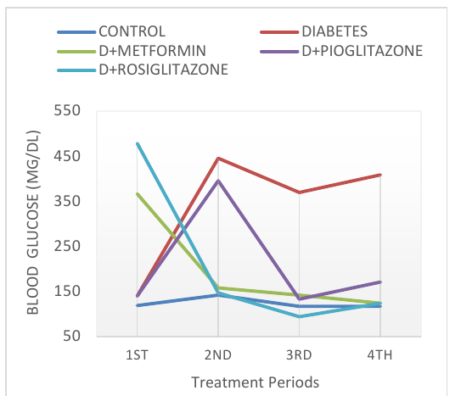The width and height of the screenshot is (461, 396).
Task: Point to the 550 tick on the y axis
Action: [x=67, y=111]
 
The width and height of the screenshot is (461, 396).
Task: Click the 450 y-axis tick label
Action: [x=67, y=156]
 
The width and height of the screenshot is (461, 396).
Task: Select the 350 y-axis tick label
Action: [x=67, y=201]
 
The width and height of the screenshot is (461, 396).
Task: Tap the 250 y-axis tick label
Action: [x=67, y=246]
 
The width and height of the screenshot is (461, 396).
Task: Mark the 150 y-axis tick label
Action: [x=67, y=291]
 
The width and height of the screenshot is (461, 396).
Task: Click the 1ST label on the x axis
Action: [x=137, y=355]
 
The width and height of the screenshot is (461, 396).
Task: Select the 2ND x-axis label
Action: [x=218, y=355]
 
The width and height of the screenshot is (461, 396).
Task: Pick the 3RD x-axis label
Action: [x=299, y=355]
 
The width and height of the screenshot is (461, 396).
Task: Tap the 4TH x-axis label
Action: [x=379, y=355]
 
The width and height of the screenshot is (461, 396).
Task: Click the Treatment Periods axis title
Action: [x=256, y=382]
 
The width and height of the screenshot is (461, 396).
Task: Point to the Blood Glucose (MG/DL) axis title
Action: [x=32, y=222]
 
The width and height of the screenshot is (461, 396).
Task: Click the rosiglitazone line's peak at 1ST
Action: [x=138, y=143]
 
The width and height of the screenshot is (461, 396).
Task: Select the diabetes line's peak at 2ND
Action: [x=218, y=159]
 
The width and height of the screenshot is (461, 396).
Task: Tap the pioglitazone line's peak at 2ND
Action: [x=218, y=181]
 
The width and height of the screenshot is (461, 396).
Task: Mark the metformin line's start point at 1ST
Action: [x=138, y=194]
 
